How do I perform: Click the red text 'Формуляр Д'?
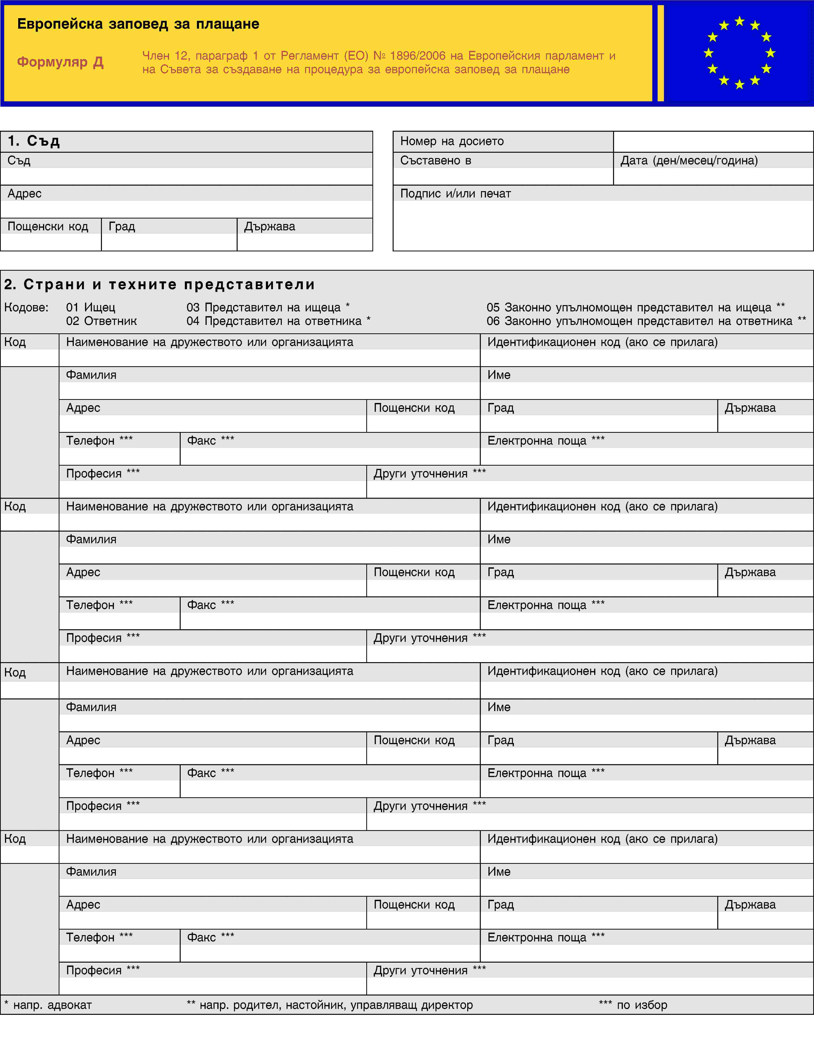pyautogui.click(x=61, y=62)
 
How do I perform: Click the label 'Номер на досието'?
pyautogui.click(x=452, y=141)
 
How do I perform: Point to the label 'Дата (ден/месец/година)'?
pyautogui.click(x=689, y=161)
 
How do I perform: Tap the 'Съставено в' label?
pyautogui.click(x=436, y=161)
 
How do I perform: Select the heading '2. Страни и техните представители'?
pyautogui.click(x=160, y=285)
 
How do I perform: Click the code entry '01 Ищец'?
pyautogui.click(x=91, y=307)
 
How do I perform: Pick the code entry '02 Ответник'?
pyautogui.click(x=101, y=321)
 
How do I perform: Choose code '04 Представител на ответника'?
pyautogui.click(x=278, y=321)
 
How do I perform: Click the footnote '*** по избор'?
pyautogui.click(x=633, y=1005)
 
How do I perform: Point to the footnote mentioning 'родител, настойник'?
pyautogui.click(x=330, y=1005)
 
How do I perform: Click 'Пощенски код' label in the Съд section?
pyautogui.click(x=48, y=226)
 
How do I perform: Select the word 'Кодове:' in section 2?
pyautogui.click(x=26, y=307)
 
